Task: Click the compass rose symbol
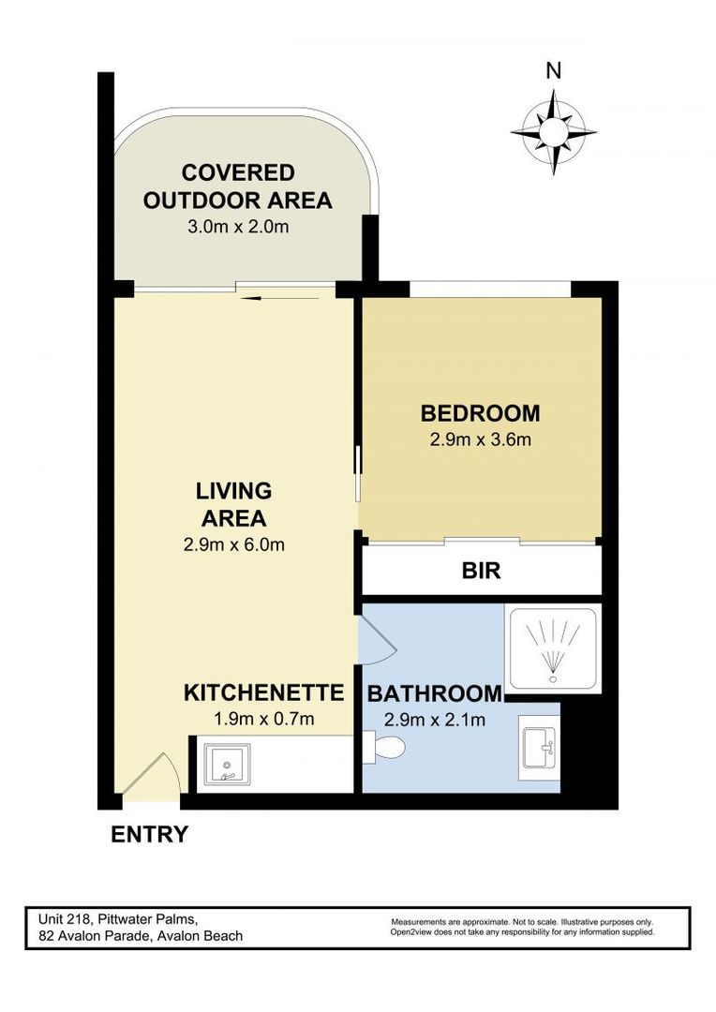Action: coord(554,132)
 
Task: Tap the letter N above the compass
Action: coord(554,70)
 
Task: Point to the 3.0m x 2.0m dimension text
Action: coord(238,226)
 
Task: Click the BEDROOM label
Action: coord(480,412)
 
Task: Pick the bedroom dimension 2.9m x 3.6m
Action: coord(480,440)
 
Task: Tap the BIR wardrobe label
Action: coord(480,571)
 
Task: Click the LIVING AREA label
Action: coord(233,504)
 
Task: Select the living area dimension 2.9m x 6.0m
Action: coord(233,544)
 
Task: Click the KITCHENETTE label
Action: coord(263,693)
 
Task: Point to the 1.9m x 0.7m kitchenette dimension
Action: coord(263,720)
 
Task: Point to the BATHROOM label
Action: coord(434,694)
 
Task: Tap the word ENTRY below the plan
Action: coord(150,834)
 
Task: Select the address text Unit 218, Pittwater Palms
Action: coord(117,918)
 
